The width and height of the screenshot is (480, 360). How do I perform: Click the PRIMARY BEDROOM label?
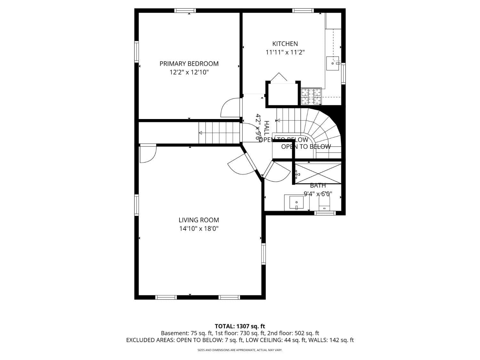pos(189,64)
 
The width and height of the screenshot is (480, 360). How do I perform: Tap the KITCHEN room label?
pos(285,44)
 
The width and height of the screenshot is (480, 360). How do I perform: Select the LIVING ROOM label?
pos(199,220)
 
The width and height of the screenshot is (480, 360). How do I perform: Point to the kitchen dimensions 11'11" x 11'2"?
pos(285,52)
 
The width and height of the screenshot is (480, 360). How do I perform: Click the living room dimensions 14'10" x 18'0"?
pos(199,229)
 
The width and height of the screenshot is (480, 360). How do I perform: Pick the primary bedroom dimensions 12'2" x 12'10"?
pos(189,72)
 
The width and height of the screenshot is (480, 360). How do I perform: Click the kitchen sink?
pos(333,63)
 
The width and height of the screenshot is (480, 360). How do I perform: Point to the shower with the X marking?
pos(318,173)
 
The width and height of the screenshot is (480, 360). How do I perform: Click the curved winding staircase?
pos(323,131)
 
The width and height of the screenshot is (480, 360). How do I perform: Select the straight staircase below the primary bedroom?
pos(219,133)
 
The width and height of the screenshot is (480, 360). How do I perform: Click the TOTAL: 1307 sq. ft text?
pos(240,326)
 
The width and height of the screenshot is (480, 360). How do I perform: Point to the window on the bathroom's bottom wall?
pos(324,213)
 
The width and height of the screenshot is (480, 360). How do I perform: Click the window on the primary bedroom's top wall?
pos(185,11)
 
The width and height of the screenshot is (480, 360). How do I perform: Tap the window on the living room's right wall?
pos(264,254)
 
